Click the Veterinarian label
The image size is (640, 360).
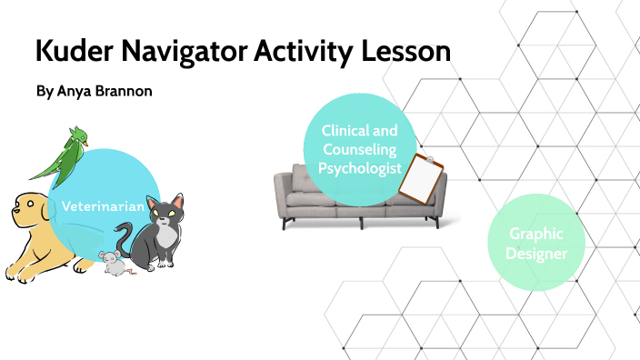tap(104, 206)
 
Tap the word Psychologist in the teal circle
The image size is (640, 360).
tap(360, 166)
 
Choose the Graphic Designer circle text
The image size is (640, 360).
tap(536, 243)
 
